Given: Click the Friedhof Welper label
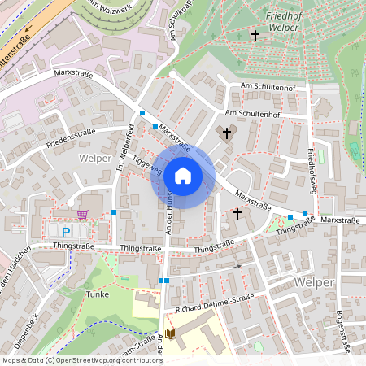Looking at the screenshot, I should [x=282, y=21].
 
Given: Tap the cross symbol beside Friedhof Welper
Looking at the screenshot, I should [x=255, y=36].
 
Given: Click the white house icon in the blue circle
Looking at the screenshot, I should [x=183, y=175].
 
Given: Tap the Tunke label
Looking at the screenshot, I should [x=97, y=294].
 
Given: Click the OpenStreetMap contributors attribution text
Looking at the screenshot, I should [x=106, y=360].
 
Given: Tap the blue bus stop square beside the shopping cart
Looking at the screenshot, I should [x=114, y=212].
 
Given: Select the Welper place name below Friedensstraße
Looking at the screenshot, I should [x=95, y=158].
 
